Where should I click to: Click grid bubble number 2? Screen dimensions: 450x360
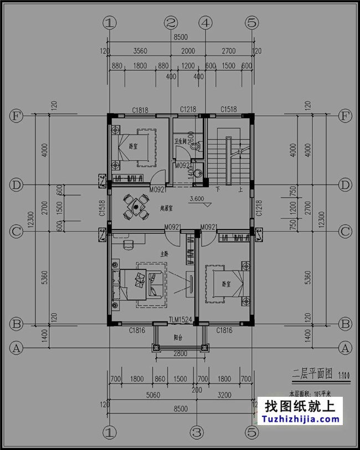(x=171, y=23)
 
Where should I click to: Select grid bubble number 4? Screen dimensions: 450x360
(x=205, y=23)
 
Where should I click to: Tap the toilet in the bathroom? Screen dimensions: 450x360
(x=191, y=147)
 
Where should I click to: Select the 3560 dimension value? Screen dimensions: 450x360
(x=140, y=52)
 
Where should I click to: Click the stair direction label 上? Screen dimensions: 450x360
(x=240, y=189)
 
